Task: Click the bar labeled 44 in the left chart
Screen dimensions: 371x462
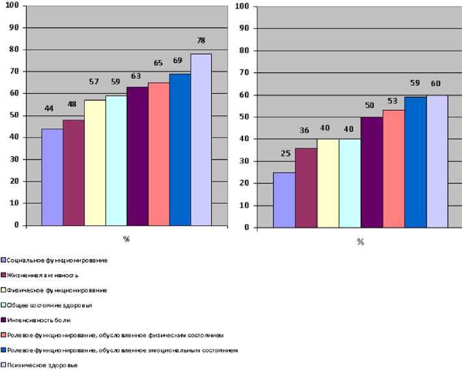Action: click(x=52, y=176)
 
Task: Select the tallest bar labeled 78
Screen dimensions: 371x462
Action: click(x=201, y=139)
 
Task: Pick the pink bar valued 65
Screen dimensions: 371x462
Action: click(x=158, y=154)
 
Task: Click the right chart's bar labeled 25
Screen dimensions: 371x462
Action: click(x=284, y=200)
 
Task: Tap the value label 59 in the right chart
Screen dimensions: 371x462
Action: click(x=415, y=83)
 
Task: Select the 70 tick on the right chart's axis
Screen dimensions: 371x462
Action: click(x=244, y=72)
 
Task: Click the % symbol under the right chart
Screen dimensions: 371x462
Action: click(x=360, y=242)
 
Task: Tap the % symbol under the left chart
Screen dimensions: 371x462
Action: click(x=126, y=239)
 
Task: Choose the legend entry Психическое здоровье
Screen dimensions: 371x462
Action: click(x=43, y=365)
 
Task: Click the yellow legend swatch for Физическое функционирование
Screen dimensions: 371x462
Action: click(x=3, y=290)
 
